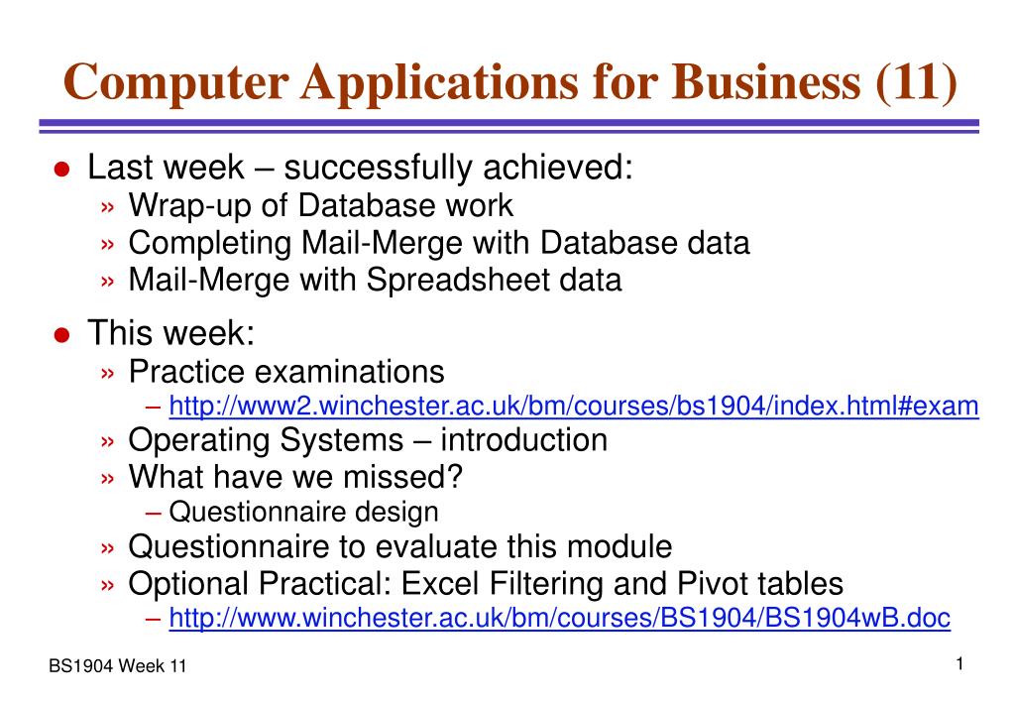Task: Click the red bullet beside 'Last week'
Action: pos(61,170)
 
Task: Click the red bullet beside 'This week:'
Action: pos(61,335)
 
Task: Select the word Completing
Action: pos(205,243)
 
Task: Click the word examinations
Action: pos(350,372)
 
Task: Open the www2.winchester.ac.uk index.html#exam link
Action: pos(574,407)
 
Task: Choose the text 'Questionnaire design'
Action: pos(303,512)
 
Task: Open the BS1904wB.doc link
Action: pos(560,619)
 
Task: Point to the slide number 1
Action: pos(960,664)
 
